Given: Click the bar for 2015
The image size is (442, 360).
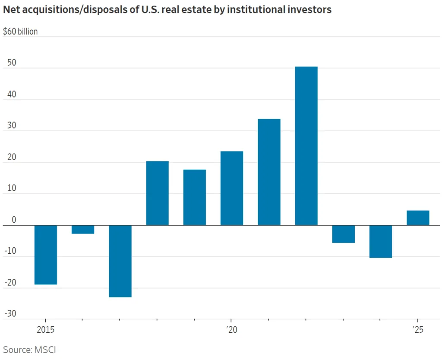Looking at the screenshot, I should (x=46, y=255).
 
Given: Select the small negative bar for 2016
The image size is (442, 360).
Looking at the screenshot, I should (x=83, y=230).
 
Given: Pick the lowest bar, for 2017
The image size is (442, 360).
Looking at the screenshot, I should (x=120, y=261).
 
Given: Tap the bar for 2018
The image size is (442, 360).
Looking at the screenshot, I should (x=158, y=193).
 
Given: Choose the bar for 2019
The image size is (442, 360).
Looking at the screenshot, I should (x=195, y=197).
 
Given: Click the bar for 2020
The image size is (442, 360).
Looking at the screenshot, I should (x=232, y=188).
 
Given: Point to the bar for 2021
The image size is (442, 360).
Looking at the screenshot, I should (x=269, y=172).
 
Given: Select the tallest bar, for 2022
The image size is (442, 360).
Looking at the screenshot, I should (x=306, y=146).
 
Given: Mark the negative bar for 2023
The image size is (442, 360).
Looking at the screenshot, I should (x=344, y=234).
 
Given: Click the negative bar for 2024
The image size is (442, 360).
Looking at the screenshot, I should (x=381, y=241).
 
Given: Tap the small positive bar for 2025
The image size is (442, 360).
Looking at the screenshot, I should (x=418, y=218).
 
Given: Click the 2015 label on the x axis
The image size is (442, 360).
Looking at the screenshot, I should (x=45, y=330).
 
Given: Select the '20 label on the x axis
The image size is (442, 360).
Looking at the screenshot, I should (x=232, y=330).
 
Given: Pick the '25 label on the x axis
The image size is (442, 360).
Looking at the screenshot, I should (x=418, y=330).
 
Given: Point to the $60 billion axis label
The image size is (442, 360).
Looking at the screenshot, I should (x=20, y=32).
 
